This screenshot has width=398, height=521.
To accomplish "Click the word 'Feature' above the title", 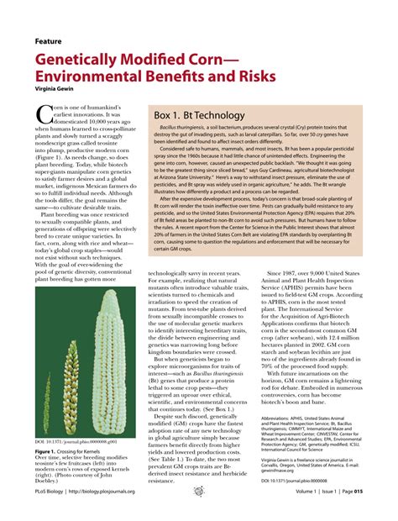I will (51, 40).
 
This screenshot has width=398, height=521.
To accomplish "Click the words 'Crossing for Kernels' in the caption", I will (87, 451).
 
